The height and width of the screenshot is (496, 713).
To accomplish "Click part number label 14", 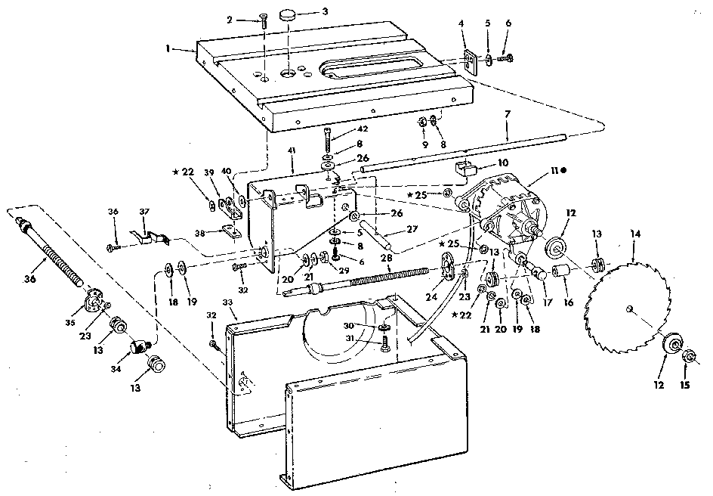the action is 635,234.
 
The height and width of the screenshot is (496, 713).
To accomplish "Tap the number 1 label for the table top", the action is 168,48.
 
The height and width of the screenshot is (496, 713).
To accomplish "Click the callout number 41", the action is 292,150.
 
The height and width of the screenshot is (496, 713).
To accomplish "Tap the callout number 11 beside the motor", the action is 554,170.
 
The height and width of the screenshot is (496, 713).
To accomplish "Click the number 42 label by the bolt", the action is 363,129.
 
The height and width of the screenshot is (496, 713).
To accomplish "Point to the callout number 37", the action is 144,212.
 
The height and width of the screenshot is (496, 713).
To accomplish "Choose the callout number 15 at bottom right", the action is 685,385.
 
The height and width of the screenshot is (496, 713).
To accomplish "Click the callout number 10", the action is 503,163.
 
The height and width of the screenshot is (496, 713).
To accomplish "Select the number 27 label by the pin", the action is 412,229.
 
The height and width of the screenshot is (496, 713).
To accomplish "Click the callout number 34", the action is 116,369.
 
